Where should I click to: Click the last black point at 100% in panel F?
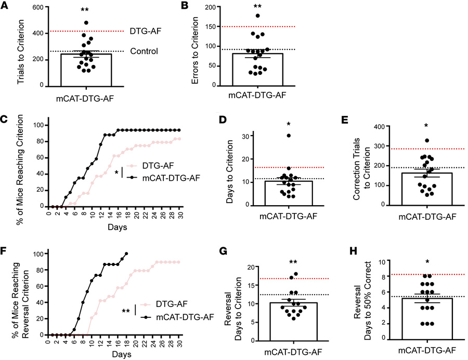point(126,254)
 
